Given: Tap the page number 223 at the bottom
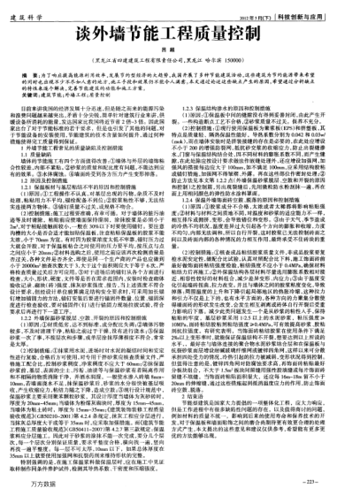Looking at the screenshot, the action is coord(334,483).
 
